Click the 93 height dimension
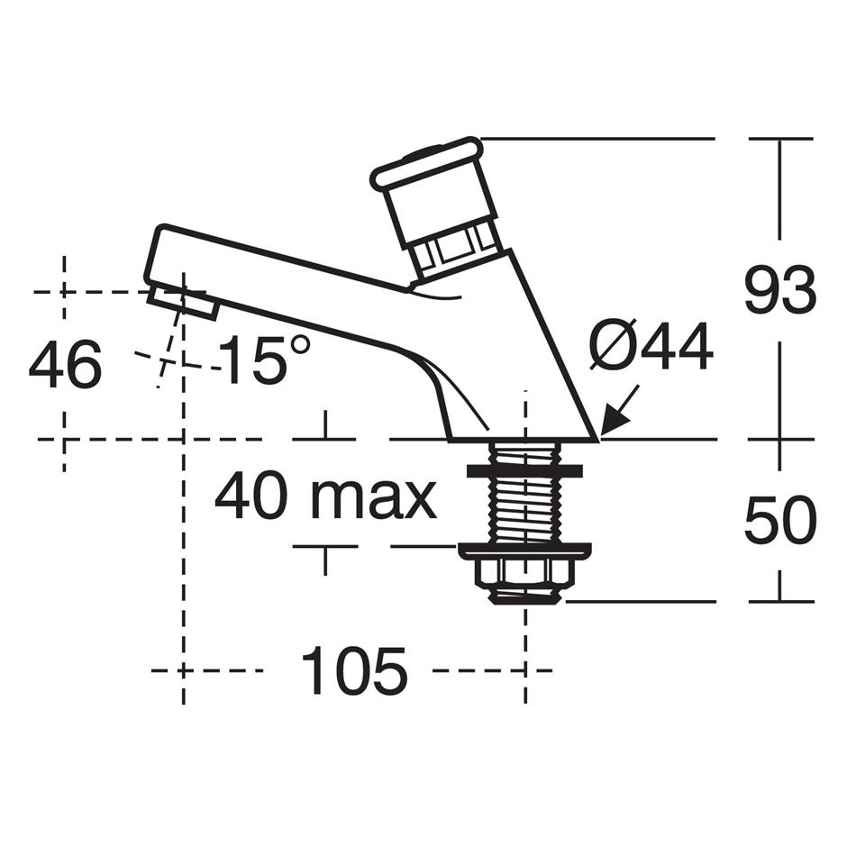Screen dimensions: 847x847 780,290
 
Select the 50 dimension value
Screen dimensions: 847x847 780,520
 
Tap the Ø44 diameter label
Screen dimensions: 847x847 651,347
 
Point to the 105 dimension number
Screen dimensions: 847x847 354,670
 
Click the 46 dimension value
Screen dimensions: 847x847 65,364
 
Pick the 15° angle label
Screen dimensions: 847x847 267,359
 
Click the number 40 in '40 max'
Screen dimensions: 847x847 251,496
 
